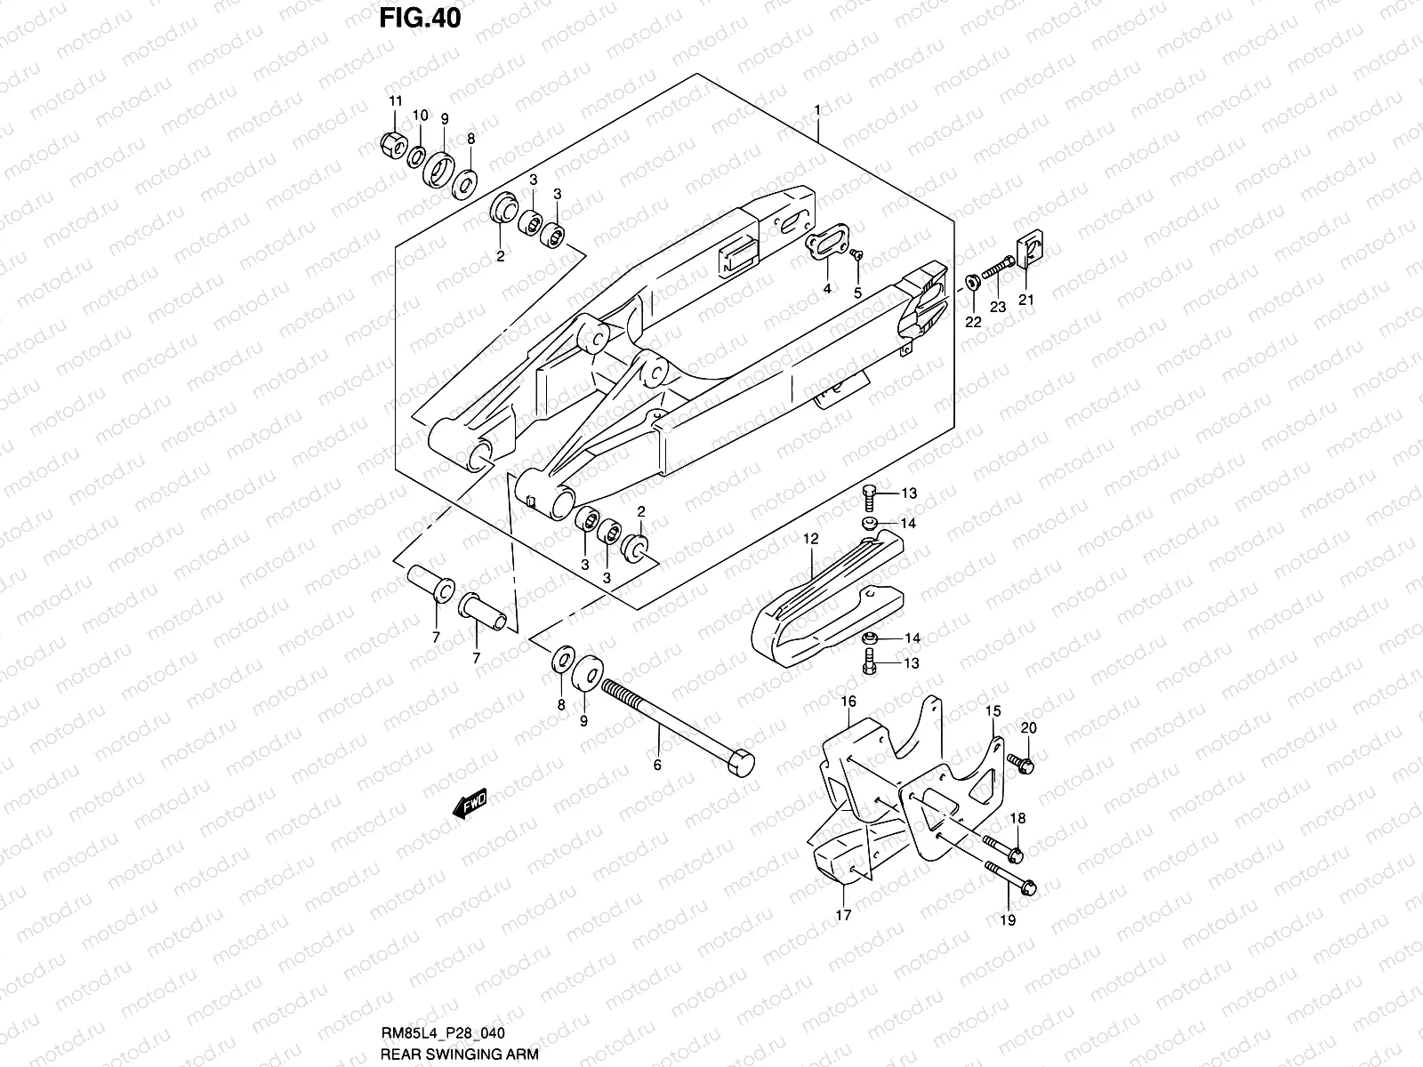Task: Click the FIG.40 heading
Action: pos(420,18)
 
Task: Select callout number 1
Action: pos(816,110)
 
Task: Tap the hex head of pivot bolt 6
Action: pos(741,763)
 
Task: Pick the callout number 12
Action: pos(810,539)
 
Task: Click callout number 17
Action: pos(843,914)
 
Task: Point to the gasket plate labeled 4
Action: pos(824,249)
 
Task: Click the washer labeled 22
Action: pos(973,284)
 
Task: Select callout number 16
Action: pos(848,702)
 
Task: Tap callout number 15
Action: pos(992,711)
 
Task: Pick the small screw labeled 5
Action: pos(856,255)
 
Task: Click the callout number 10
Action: pos(420,116)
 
